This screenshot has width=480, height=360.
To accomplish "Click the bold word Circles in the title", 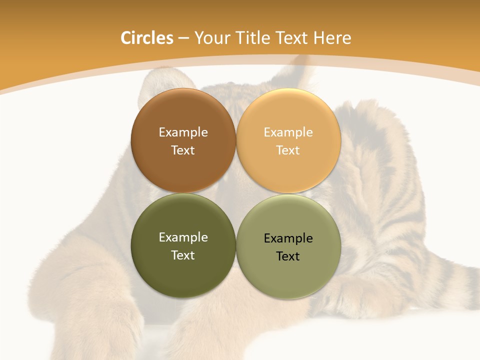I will (x=146, y=38).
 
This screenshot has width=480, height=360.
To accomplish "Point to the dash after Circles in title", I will (x=183, y=38).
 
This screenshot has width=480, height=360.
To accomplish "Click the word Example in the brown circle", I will (x=183, y=132).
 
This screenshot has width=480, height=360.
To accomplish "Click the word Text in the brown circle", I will (x=183, y=150).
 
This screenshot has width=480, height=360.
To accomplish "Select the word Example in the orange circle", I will (x=288, y=132).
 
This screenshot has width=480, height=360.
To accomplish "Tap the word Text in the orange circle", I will (x=288, y=150).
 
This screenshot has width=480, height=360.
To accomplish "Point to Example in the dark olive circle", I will (x=183, y=237).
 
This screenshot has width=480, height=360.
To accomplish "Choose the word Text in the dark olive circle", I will (x=183, y=255).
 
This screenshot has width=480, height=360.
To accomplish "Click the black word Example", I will (x=288, y=238).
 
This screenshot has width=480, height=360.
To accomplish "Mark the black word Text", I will (x=288, y=256).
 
